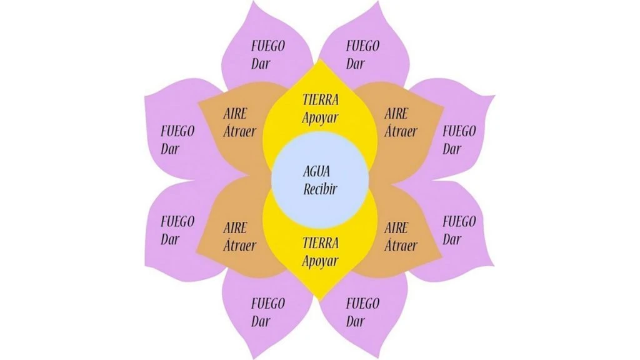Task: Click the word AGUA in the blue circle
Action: [x=320, y=171]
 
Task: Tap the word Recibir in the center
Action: [x=320, y=189]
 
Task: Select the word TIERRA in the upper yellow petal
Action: [x=320, y=99]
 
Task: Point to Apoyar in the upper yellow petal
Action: [x=320, y=117]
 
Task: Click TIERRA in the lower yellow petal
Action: [x=320, y=242]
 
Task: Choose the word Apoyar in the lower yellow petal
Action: [x=320, y=261]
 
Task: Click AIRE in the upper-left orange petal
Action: [x=235, y=114]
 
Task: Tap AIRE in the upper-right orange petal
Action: [x=396, y=114]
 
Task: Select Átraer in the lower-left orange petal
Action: [x=239, y=245]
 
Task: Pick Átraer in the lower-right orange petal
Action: [x=401, y=245]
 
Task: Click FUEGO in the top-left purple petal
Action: [x=268, y=46]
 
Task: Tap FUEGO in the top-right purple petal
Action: [x=362, y=46]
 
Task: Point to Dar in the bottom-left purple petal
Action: [x=261, y=322]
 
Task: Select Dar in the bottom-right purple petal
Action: [x=355, y=322]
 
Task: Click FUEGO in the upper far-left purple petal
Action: [x=177, y=131]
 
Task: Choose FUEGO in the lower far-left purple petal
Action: [x=177, y=221]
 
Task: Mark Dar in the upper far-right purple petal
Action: [x=452, y=149]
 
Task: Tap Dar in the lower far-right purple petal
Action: [x=452, y=239]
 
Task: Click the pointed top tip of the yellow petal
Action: [x=320, y=60]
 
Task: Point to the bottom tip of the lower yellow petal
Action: [x=320, y=301]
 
